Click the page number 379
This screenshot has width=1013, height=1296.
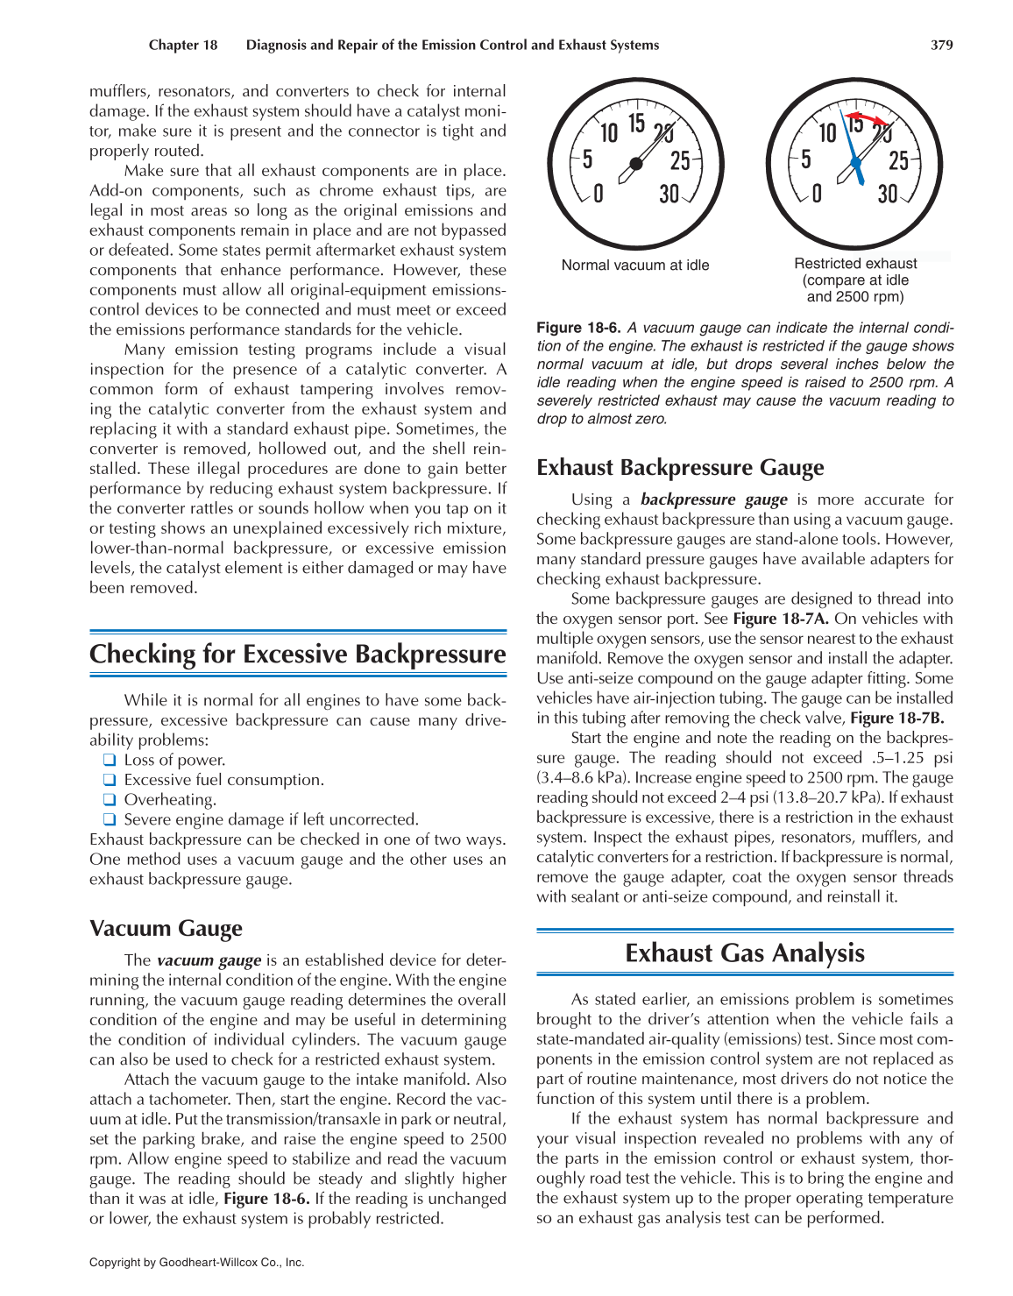coord(941,45)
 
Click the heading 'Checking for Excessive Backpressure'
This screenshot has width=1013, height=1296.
coord(298,655)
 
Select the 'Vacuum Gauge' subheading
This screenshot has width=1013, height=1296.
coord(166,929)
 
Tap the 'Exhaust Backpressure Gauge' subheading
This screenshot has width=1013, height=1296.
coord(680,468)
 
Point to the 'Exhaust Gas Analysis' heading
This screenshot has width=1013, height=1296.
coord(745,953)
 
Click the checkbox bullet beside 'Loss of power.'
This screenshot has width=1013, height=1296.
coord(110,760)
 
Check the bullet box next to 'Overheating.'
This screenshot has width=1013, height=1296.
coord(110,799)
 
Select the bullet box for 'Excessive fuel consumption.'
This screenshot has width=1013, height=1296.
coord(110,780)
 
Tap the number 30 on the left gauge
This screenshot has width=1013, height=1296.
coord(669,194)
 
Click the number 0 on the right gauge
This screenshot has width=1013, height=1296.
coord(817,193)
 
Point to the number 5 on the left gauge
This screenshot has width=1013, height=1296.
coord(587,159)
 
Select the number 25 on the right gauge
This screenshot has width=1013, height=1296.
coord(898,160)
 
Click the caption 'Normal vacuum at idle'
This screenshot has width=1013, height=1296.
coord(635,266)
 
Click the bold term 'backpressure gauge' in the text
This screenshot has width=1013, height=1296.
coord(713,499)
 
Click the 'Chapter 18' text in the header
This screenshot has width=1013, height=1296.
coord(183,45)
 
